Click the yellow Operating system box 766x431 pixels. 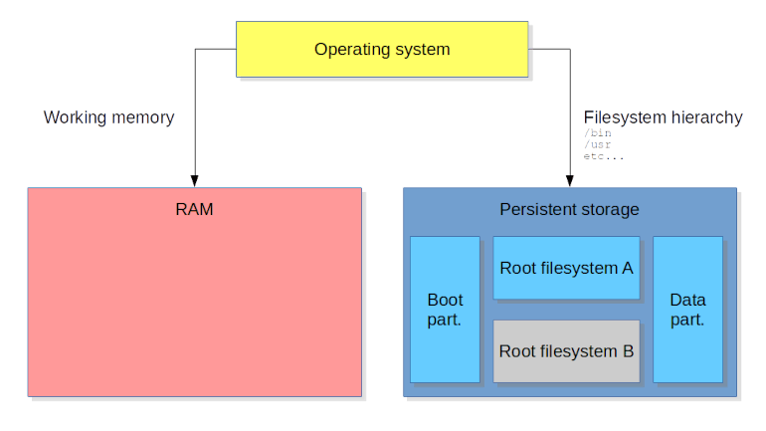click(382, 49)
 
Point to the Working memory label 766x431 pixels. click(108, 117)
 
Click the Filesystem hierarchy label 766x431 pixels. click(663, 117)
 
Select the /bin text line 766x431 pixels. click(597, 132)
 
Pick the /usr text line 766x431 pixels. click(597, 144)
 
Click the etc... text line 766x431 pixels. click(604, 156)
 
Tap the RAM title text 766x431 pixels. click(194, 210)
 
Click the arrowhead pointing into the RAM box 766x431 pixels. click(195, 181)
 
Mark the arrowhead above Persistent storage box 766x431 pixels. click(570, 181)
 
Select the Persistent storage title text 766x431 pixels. click(569, 210)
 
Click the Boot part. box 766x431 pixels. click(445, 310)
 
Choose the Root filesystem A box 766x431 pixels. click(566, 268)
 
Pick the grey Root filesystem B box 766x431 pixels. click(566, 350)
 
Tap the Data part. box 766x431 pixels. click(687, 310)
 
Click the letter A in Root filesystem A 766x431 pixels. click(627, 268)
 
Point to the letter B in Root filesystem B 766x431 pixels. click(628, 350)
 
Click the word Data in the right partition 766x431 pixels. click(687, 300)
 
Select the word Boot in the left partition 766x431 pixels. click(445, 300)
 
